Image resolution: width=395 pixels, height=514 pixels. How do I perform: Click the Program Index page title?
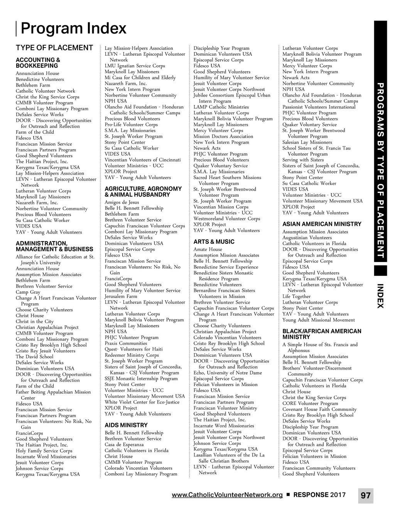pos(73,28)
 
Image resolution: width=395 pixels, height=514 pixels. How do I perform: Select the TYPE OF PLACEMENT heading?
pos(54,48)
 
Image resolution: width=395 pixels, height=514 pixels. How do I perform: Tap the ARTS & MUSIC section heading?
pos(214,242)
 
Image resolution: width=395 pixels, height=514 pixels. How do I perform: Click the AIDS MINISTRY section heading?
pos(126,425)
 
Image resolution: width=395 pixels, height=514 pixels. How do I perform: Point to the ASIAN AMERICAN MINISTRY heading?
pos(322,224)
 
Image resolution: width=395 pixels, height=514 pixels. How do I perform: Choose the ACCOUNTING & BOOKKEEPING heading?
pos(38,63)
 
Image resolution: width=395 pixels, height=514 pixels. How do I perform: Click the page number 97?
pos(366,495)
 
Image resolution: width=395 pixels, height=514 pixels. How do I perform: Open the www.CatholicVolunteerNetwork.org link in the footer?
pos(227,495)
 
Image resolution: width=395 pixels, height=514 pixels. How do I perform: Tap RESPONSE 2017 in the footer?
pos(319,495)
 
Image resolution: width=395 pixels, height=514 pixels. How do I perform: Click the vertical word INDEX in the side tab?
pos(380,296)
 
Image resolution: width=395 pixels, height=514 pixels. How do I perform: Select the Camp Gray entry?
pos(28,292)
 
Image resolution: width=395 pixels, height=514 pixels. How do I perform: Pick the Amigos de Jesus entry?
pos(122,202)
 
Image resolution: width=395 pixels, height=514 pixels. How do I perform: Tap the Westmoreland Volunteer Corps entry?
pos(226,218)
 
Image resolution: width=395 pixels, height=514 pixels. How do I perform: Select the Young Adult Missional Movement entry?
pos(318,320)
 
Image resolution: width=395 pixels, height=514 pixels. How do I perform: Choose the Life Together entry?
pos(296,296)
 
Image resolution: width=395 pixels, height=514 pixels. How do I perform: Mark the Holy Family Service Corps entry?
pos(44,451)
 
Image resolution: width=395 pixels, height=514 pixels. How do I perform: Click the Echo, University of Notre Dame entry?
pos(228,373)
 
